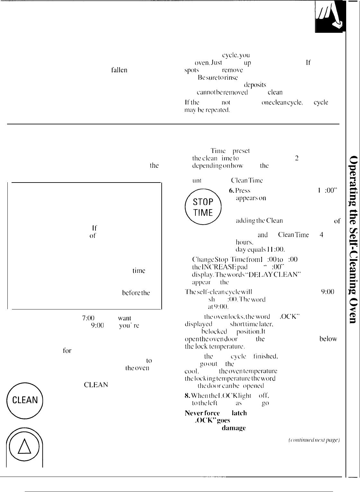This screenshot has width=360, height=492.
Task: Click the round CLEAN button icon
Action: pos(25,400)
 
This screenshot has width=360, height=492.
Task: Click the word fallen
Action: pos(119,70)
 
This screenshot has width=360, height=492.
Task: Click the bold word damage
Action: pos(234,428)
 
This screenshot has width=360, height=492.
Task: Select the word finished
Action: pos(265,356)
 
